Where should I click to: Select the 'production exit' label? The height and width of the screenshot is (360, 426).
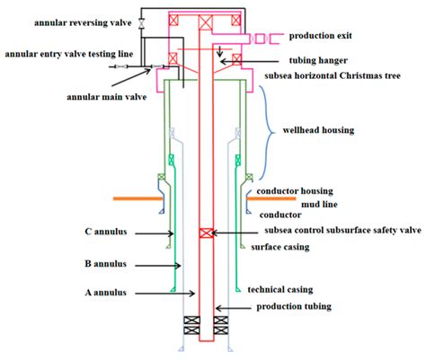click(326, 37)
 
